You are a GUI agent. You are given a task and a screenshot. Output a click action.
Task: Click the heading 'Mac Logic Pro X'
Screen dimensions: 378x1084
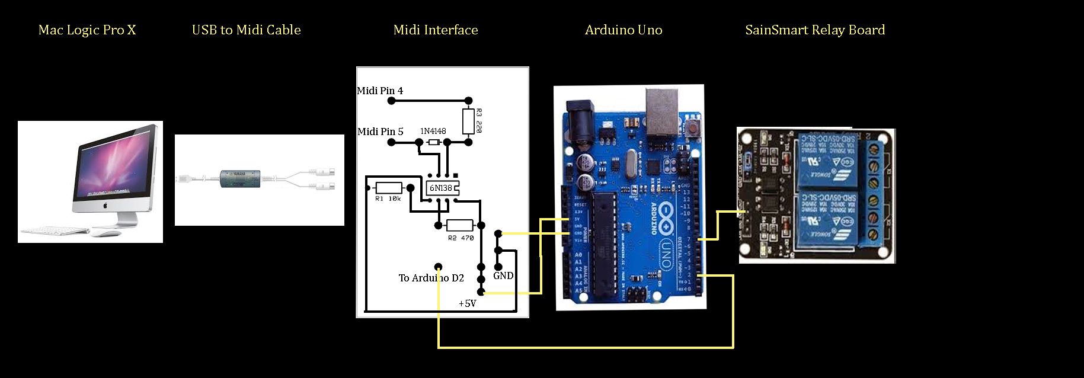[87, 30]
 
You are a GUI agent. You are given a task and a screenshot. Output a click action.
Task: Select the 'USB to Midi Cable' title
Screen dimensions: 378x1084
[246, 30]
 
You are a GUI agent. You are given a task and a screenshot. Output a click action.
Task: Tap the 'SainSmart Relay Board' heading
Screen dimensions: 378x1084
[815, 30]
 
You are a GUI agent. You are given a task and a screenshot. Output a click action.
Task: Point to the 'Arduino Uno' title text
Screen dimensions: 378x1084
[623, 30]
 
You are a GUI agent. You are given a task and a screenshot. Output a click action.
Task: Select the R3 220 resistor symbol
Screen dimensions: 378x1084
[468, 121]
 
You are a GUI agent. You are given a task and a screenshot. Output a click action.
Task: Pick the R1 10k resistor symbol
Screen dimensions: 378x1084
[389, 188]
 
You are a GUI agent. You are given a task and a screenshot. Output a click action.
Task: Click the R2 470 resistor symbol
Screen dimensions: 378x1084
[459, 225]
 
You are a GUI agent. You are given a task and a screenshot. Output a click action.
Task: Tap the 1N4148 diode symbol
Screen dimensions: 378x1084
[433, 142]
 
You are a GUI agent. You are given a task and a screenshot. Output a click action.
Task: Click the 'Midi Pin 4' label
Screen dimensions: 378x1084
[380, 91]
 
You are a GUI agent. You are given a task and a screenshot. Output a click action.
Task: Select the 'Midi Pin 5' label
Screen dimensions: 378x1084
[380, 132]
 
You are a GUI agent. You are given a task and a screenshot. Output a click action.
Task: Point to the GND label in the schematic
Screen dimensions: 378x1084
[503, 276]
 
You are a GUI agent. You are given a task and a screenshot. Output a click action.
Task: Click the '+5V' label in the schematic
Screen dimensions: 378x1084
[467, 303]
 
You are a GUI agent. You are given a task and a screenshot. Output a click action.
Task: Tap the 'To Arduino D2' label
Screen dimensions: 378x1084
[431, 278]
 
